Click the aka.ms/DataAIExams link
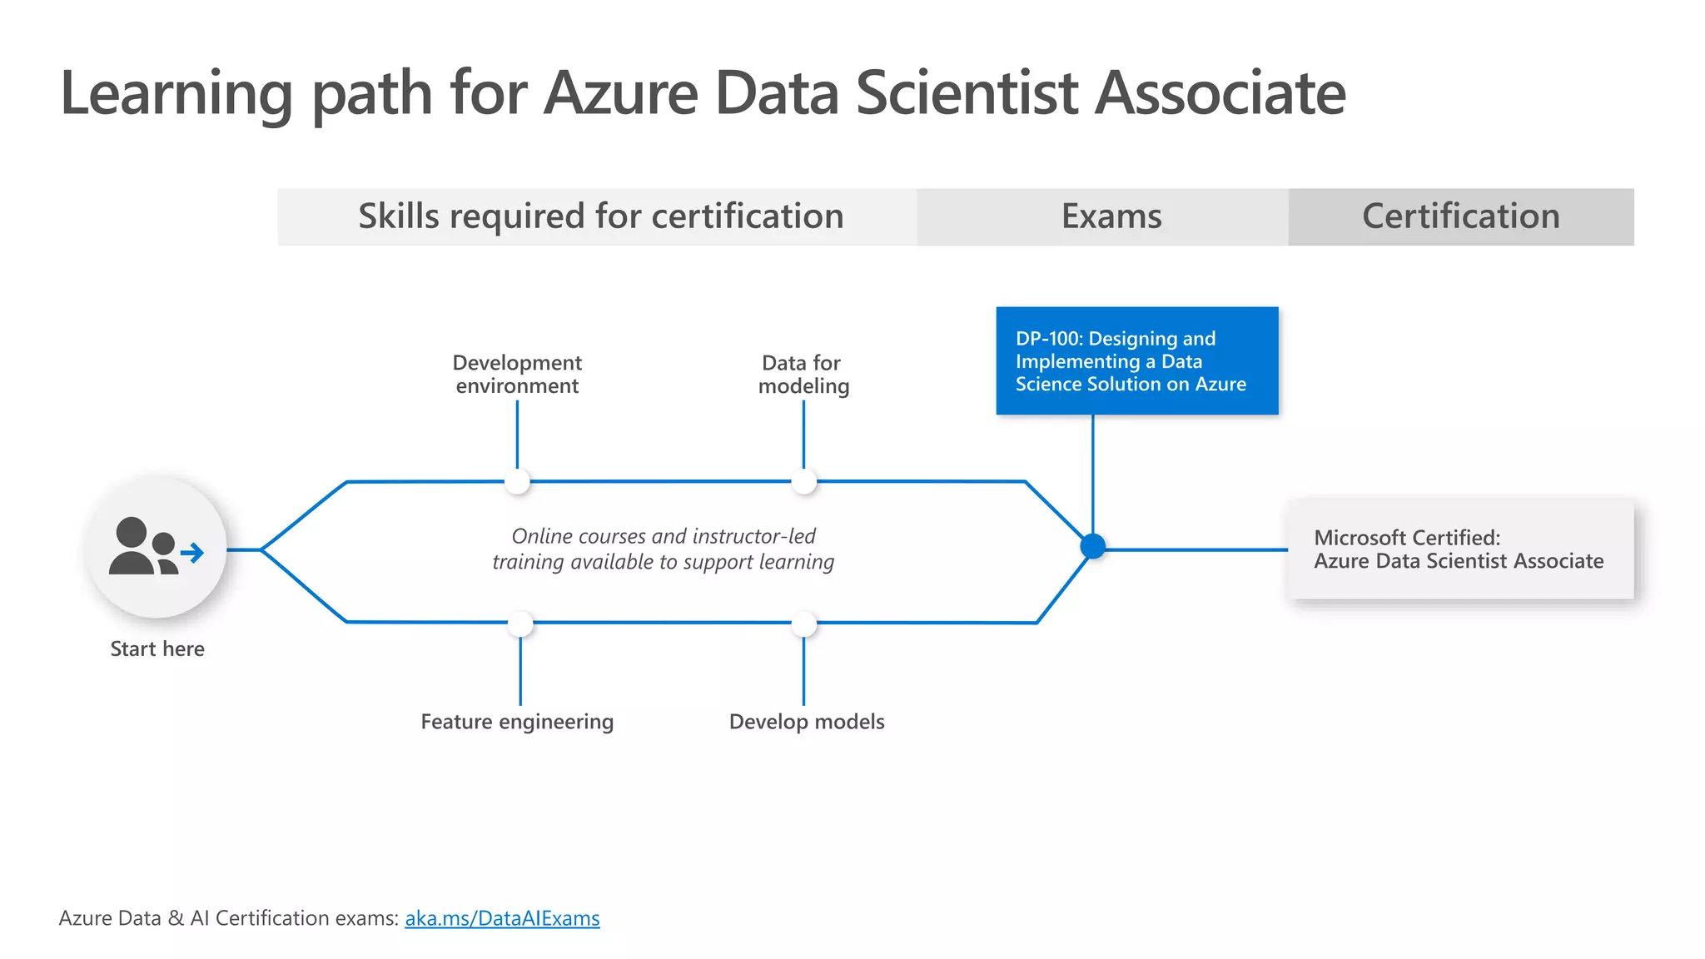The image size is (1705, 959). point(502,918)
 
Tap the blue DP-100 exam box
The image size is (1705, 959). point(1136,360)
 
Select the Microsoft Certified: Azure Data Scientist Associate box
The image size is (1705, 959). point(1459,549)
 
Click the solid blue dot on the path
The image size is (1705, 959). point(1092,547)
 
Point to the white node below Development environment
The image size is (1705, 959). point(517,481)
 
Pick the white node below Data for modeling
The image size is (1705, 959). point(803,481)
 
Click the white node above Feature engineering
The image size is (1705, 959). point(520,624)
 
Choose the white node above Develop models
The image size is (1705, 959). point(803,624)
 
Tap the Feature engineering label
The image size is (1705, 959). point(517,722)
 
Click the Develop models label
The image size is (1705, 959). point(807,722)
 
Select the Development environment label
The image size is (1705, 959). point(517,374)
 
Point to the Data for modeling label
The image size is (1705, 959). point(803,374)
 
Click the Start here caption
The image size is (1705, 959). point(157,649)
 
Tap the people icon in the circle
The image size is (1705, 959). point(142,547)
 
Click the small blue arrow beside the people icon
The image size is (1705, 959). point(193,553)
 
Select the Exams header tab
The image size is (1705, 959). point(1111,216)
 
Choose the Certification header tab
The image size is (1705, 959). point(1460,216)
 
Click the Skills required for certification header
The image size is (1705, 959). point(600,216)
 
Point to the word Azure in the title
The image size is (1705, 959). point(621,92)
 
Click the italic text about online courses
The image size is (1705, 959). point(663,549)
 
